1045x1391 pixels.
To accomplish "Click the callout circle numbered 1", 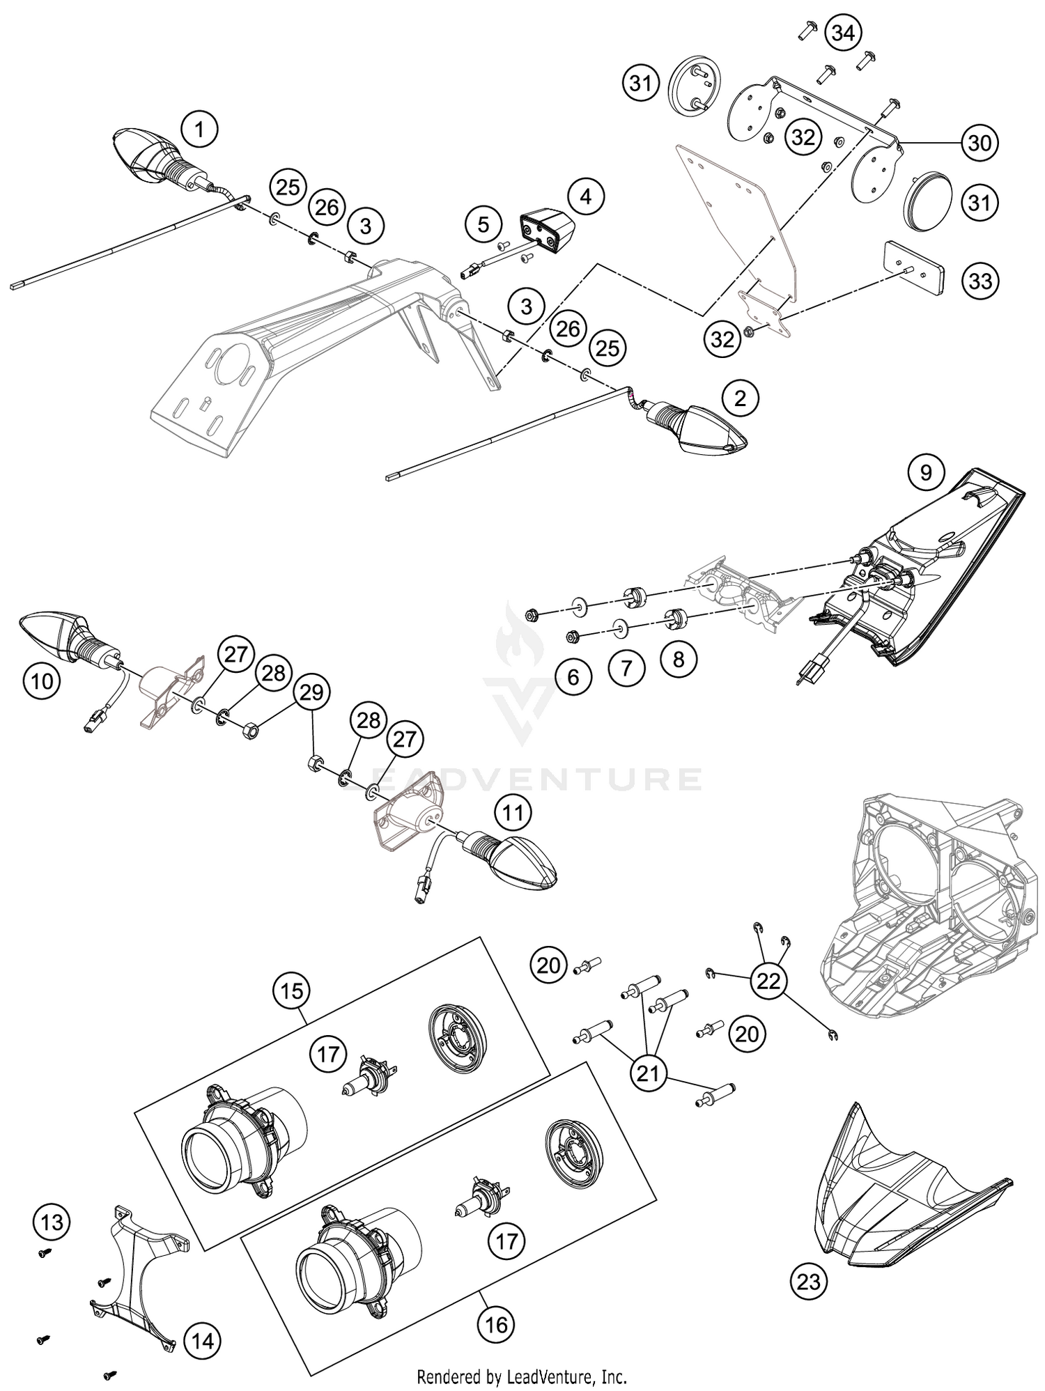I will (199, 130).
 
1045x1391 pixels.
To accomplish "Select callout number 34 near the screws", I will (842, 33).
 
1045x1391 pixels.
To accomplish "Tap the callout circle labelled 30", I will (980, 143).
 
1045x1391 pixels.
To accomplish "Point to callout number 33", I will (980, 281).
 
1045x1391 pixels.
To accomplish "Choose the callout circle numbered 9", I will (926, 473).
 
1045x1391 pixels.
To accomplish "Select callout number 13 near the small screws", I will (52, 1222).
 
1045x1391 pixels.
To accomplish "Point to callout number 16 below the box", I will (496, 1323).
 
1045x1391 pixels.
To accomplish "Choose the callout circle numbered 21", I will (648, 1073).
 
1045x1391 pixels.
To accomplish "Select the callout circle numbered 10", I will (42, 681).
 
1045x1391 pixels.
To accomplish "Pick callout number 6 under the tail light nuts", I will (573, 676).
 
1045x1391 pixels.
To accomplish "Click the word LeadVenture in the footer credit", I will (550, 1376).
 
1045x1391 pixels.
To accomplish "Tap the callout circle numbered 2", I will (740, 398).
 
